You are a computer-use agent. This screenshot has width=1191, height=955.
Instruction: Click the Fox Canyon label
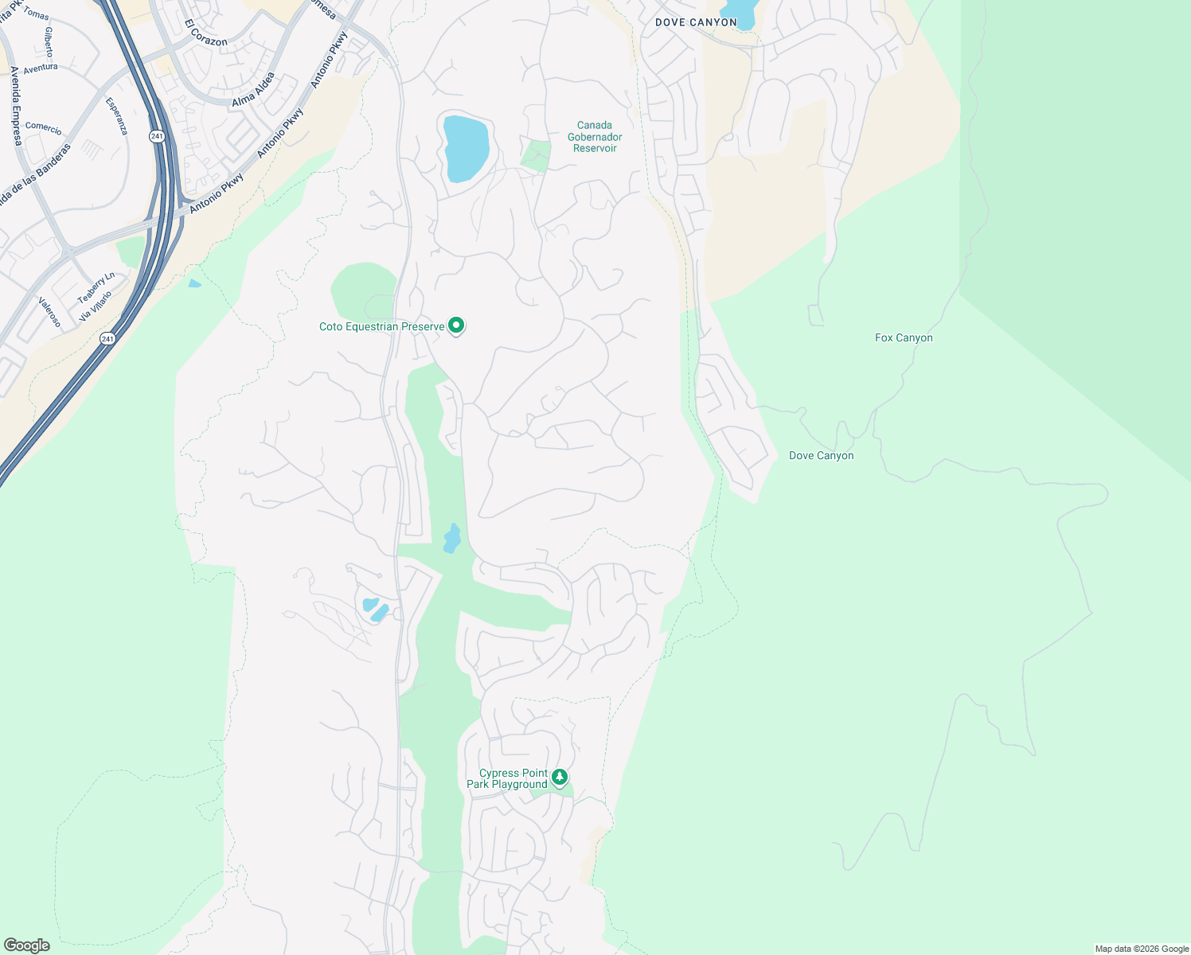point(904,338)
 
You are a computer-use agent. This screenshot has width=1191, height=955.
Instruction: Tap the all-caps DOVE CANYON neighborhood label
point(696,22)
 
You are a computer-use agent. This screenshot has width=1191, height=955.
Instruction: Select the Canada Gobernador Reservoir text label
point(595,137)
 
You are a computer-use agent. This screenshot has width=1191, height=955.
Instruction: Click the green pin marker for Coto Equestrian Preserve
point(456,325)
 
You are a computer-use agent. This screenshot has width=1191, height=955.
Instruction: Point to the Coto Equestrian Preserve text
point(381,327)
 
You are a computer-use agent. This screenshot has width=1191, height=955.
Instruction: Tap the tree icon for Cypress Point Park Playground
point(560,777)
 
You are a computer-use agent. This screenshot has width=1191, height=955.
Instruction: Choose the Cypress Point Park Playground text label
point(507,779)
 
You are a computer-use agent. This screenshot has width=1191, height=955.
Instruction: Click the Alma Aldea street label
point(253,89)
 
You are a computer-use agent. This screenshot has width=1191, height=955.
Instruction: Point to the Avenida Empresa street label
point(15,106)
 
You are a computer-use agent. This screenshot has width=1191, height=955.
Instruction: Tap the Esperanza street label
point(116,116)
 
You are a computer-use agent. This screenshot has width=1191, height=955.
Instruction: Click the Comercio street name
point(44,127)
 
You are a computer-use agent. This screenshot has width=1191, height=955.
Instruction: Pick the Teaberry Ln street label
point(96,287)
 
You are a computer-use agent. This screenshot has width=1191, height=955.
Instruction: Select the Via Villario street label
point(96,306)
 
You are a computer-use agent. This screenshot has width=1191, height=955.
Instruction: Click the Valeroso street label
point(49,312)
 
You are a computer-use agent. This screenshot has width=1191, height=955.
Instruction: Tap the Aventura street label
point(41,68)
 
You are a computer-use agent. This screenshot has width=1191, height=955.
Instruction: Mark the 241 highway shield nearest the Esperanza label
point(156,137)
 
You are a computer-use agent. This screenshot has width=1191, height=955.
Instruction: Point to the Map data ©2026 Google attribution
point(1142,949)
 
